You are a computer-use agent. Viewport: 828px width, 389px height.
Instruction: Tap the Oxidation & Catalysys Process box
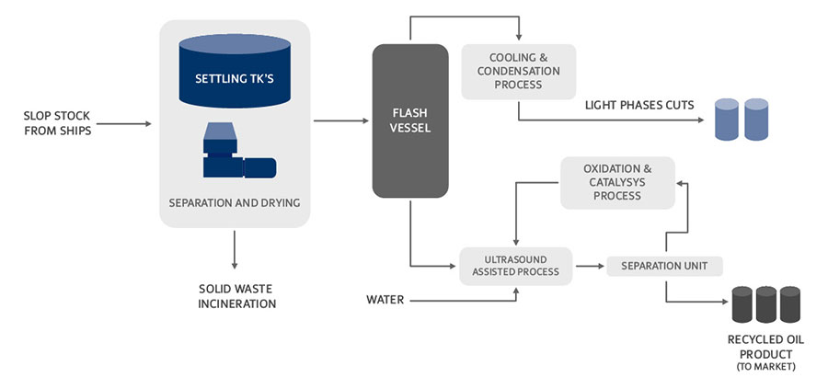pyautogui.click(x=617, y=182)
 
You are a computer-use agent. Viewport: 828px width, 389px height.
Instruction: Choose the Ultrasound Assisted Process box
pyautogui.click(x=515, y=265)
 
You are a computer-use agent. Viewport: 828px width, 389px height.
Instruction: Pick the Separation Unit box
pyautogui.click(x=664, y=266)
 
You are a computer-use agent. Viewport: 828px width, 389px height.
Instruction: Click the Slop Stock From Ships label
pyautogui.click(x=57, y=122)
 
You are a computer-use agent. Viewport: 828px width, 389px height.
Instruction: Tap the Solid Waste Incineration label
pyautogui.click(x=236, y=295)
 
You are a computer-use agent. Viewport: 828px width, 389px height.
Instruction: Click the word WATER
pyautogui.click(x=385, y=299)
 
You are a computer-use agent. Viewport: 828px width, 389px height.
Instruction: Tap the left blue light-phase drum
pyautogui.click(x=727, y=120)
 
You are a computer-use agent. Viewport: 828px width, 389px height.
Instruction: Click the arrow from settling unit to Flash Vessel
pyautogui.click(x=340, y=120)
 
